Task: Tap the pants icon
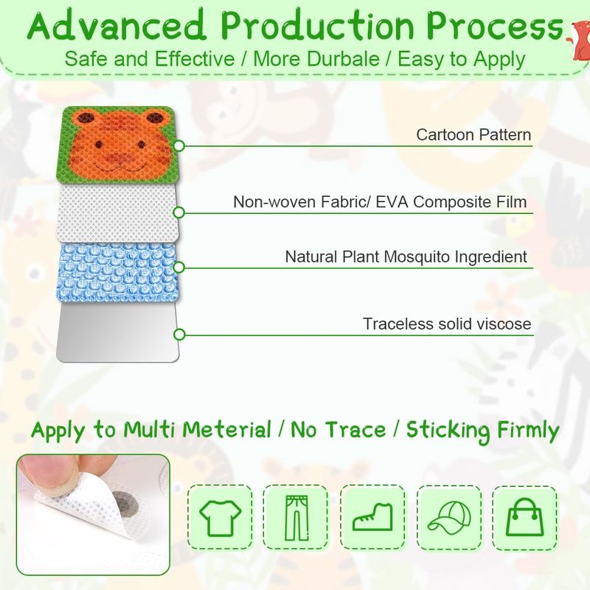point(296,518)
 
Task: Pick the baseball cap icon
point(449,518)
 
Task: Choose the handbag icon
point(524,517)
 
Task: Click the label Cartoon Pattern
point(473,135)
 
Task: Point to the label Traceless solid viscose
point(447,324)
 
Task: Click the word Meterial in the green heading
point(227,430)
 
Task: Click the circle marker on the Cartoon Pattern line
point(179,145)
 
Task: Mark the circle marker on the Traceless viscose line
point(179,334)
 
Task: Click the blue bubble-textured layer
point(117,271)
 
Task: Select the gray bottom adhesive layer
point(118,333)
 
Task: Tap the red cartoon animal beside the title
point(579,40)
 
